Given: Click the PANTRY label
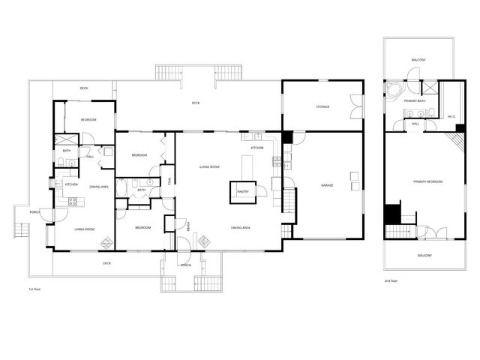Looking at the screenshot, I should point(242,191).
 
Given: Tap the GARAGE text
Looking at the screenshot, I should point(327,185).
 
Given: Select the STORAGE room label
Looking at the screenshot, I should point(322,106).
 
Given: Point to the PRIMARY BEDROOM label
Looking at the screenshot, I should point(427,181).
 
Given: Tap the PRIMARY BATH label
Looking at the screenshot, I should point(415,100).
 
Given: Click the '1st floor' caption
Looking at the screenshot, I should point(33,288).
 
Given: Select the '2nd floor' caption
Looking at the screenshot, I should point(390,280).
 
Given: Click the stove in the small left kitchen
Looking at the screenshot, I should point(73,200).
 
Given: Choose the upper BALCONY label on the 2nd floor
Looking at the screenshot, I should point(419,59).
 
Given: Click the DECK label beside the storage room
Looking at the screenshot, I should point(196,103).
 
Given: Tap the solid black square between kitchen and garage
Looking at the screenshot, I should point(287,138).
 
